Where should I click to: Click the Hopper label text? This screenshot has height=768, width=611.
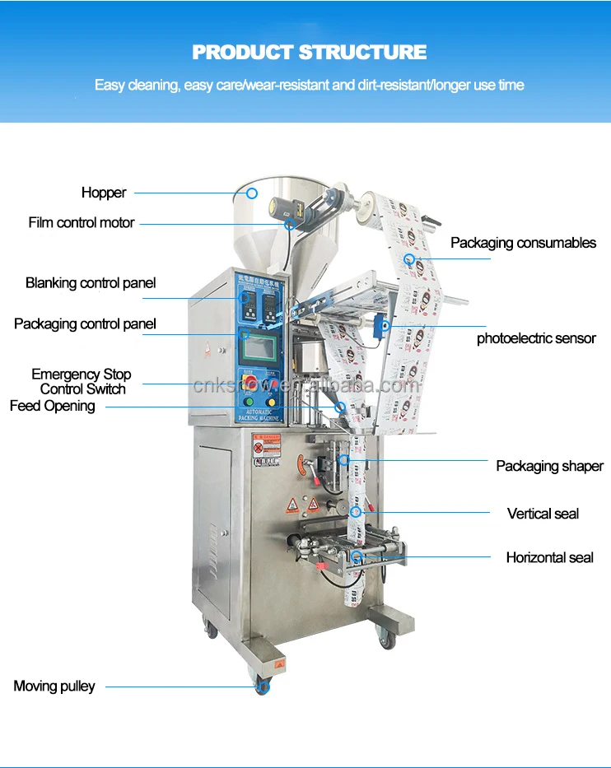[x=104, y=193]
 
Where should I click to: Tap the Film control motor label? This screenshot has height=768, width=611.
[x=82, y=222]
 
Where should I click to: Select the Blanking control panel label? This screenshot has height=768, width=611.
[x=91, y=283]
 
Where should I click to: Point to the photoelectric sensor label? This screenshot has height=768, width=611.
[x=536, y=338]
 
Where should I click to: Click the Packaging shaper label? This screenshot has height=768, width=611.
[x=549, y=466]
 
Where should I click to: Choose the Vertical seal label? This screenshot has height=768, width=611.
[x=543, y=514]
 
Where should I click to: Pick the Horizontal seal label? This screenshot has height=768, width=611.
[x=549, y=557]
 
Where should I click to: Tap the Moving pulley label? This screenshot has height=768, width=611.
[x=54, y=686]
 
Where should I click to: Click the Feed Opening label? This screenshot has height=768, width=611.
[x=53, y=406]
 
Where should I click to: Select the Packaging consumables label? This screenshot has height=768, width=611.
[x=523, y=243]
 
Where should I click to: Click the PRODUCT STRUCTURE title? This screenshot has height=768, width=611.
[x=310, y=53]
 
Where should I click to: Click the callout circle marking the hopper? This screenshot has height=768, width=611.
[x=252, y=193]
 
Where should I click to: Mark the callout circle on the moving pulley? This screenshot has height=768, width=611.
[x=264, y=686]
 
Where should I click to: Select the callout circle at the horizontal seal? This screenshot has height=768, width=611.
[x=357, y=557]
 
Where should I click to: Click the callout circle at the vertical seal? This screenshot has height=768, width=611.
[x=357, y=513]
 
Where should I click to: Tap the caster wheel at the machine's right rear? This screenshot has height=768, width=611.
[x=384, y=635]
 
